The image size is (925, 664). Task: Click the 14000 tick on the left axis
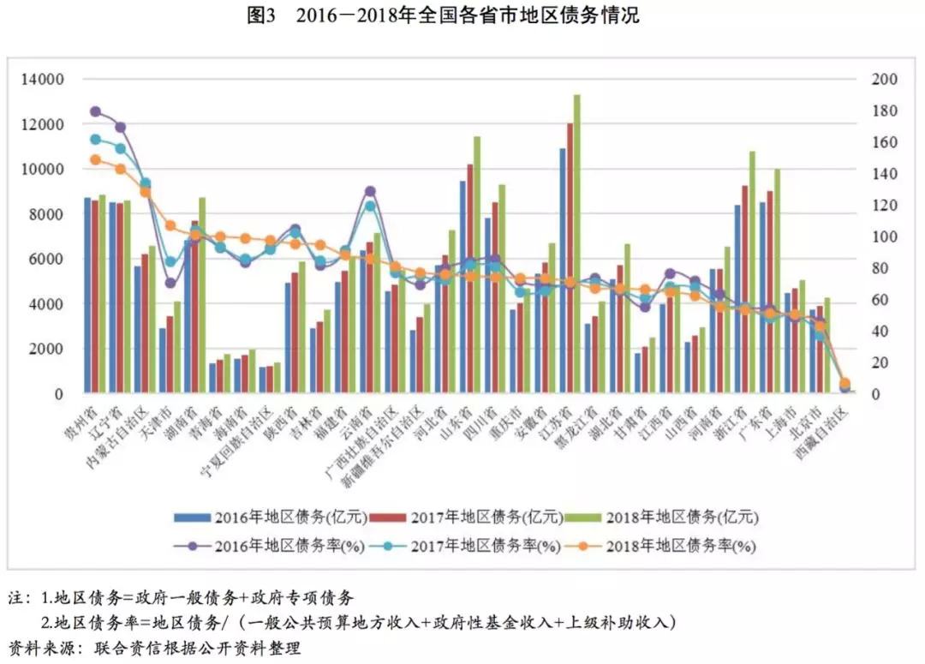click(x=47, y=80)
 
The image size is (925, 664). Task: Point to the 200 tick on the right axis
click(x=885, y=80)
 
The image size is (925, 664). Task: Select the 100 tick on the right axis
click(x=885, y=236)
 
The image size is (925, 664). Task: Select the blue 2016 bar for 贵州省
click(x=87, y=296)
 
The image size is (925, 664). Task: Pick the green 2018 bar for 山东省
click(x=477, y=265)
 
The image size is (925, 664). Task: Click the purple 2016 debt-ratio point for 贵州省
click(x=95, y=111)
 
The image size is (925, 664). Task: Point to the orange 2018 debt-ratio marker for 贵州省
click(x=95, y=159)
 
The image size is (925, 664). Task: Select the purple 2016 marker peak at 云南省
click(x=370, y=191)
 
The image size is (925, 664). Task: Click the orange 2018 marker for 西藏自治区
click(x=844, y=383)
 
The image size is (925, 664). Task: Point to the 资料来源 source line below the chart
click(x=154, y=648)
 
